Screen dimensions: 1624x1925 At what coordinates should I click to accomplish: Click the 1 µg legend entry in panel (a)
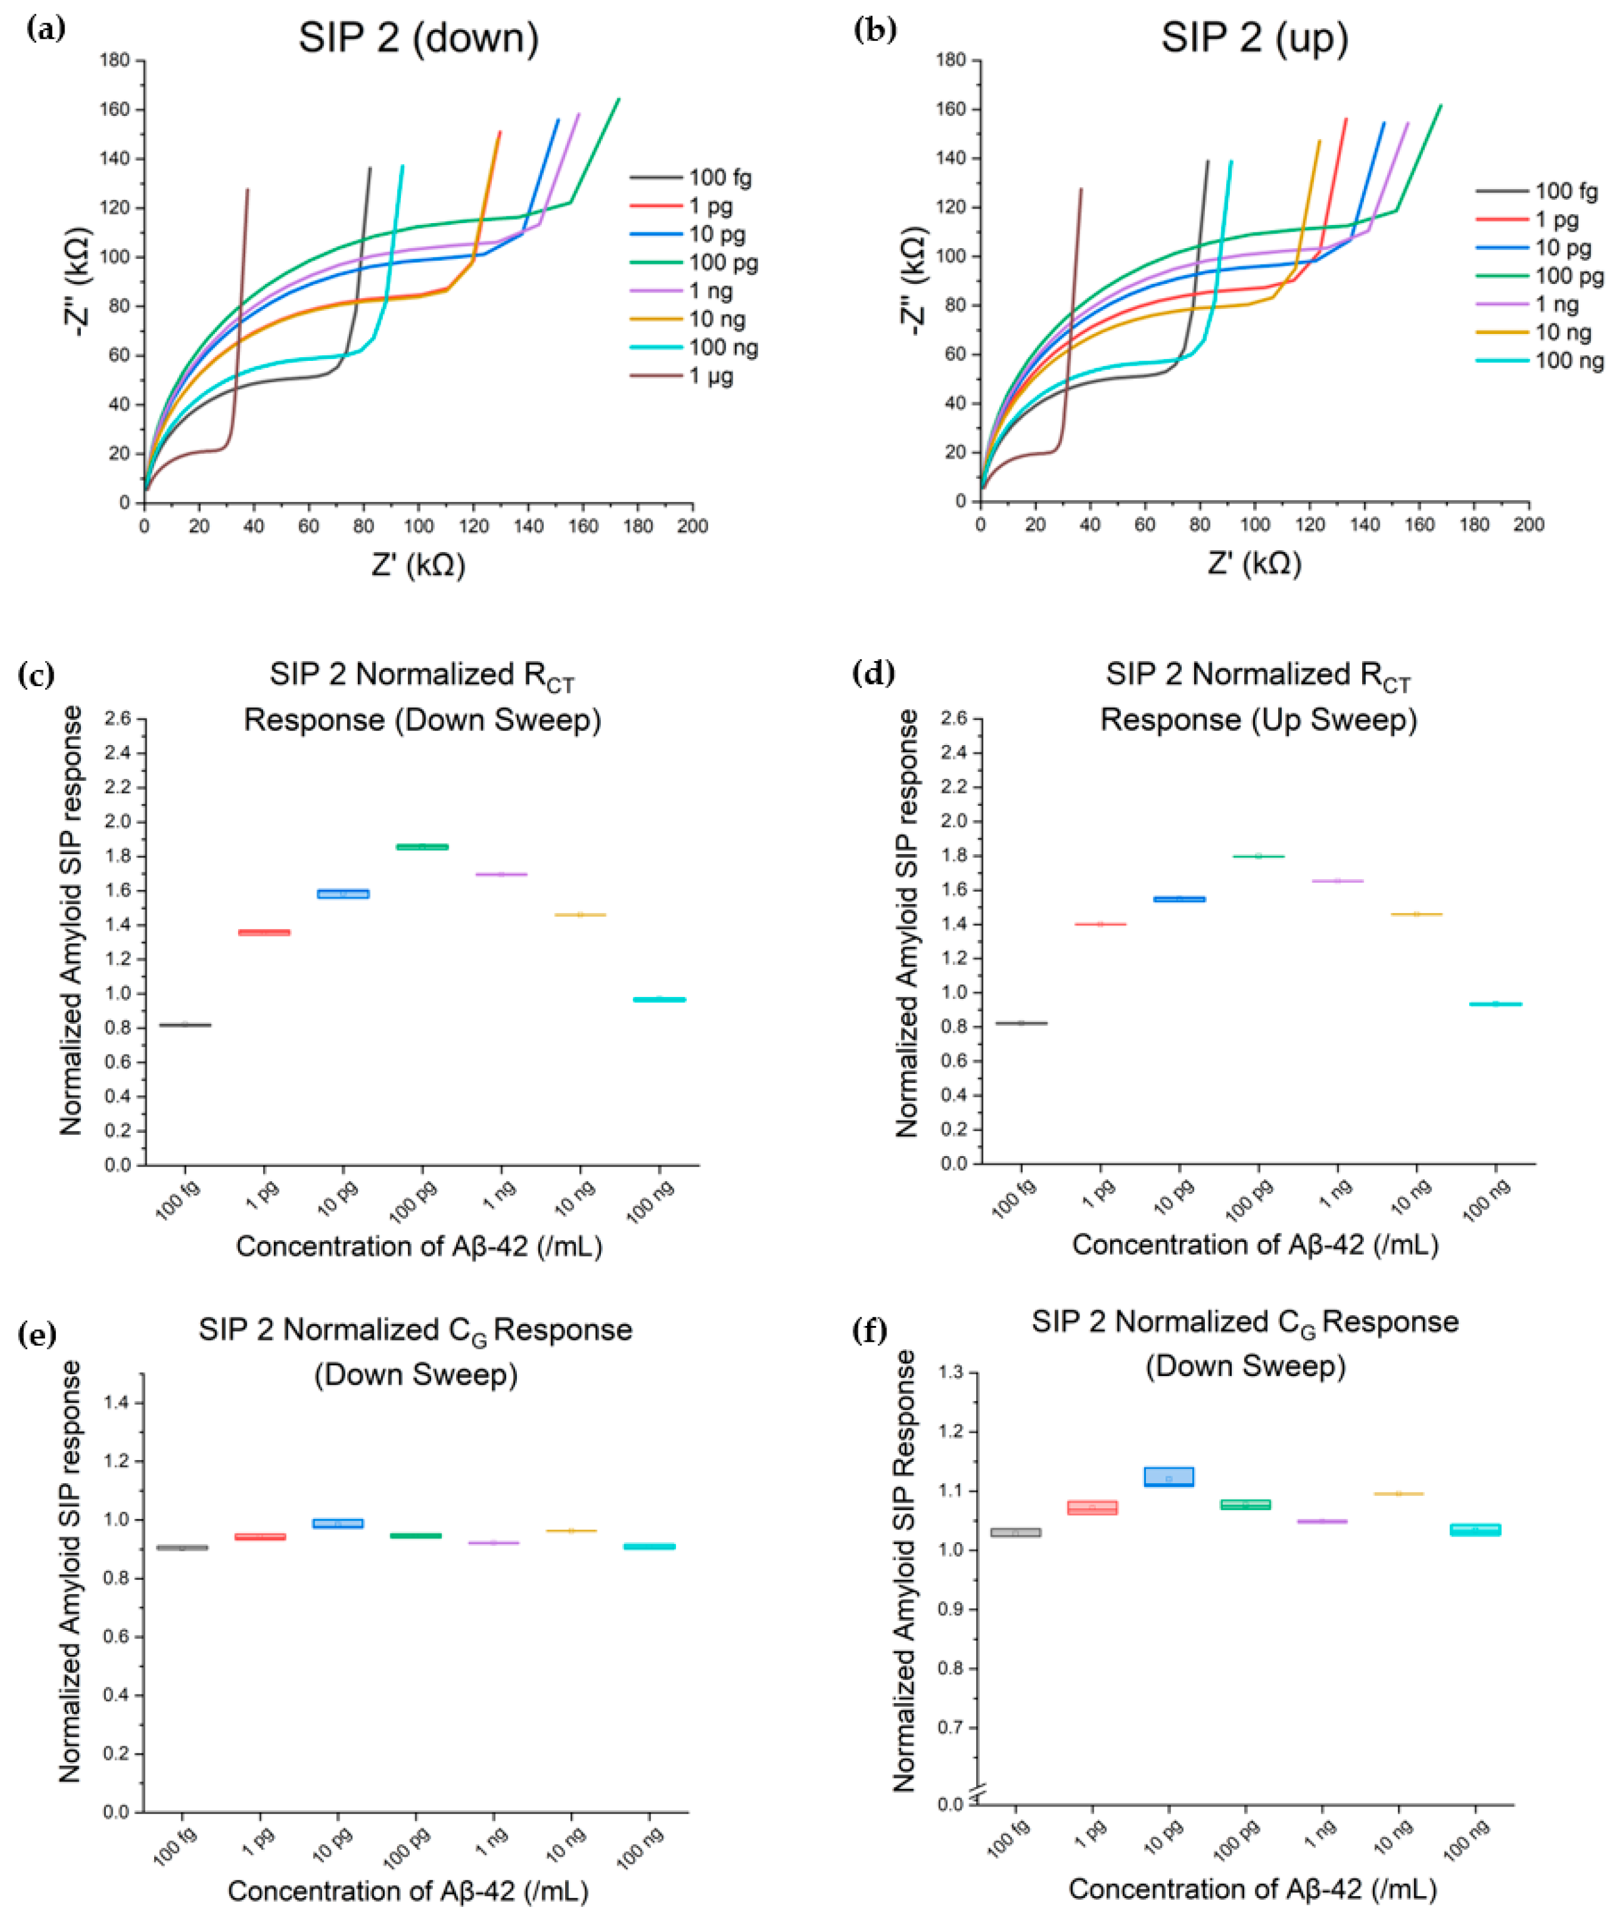[682, 375]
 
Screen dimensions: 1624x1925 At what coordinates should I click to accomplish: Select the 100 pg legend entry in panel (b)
[1539, 276]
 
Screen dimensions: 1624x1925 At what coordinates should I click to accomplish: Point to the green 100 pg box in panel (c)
[422, 846]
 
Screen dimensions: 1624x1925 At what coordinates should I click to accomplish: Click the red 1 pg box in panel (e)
[261, 1536]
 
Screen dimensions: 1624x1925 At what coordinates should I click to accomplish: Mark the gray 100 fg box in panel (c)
[185, 1025]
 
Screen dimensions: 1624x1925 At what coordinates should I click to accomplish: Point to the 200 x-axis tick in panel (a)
[692, 526]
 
